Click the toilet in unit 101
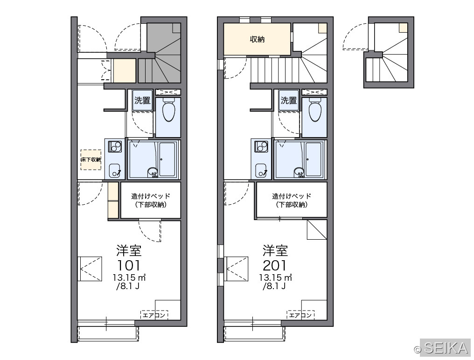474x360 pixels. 169,109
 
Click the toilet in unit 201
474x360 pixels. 315,109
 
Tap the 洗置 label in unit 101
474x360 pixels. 142,100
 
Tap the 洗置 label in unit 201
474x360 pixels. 288,100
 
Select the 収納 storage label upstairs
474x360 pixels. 257,39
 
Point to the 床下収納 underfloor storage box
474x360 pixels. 91,159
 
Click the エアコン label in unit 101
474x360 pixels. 154,315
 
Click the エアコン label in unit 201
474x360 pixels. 300,315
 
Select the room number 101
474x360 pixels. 129,266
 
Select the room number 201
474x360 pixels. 275,266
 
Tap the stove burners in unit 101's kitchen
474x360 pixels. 115,146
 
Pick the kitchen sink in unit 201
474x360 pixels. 261,171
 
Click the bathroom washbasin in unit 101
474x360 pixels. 153,172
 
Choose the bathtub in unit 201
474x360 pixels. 313,159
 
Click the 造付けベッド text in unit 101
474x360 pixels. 151,196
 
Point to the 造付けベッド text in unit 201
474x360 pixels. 292,196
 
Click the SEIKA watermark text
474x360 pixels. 446,348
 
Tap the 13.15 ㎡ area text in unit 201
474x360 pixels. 275,277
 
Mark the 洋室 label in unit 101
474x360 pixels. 129,250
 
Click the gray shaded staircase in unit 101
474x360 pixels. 160,53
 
